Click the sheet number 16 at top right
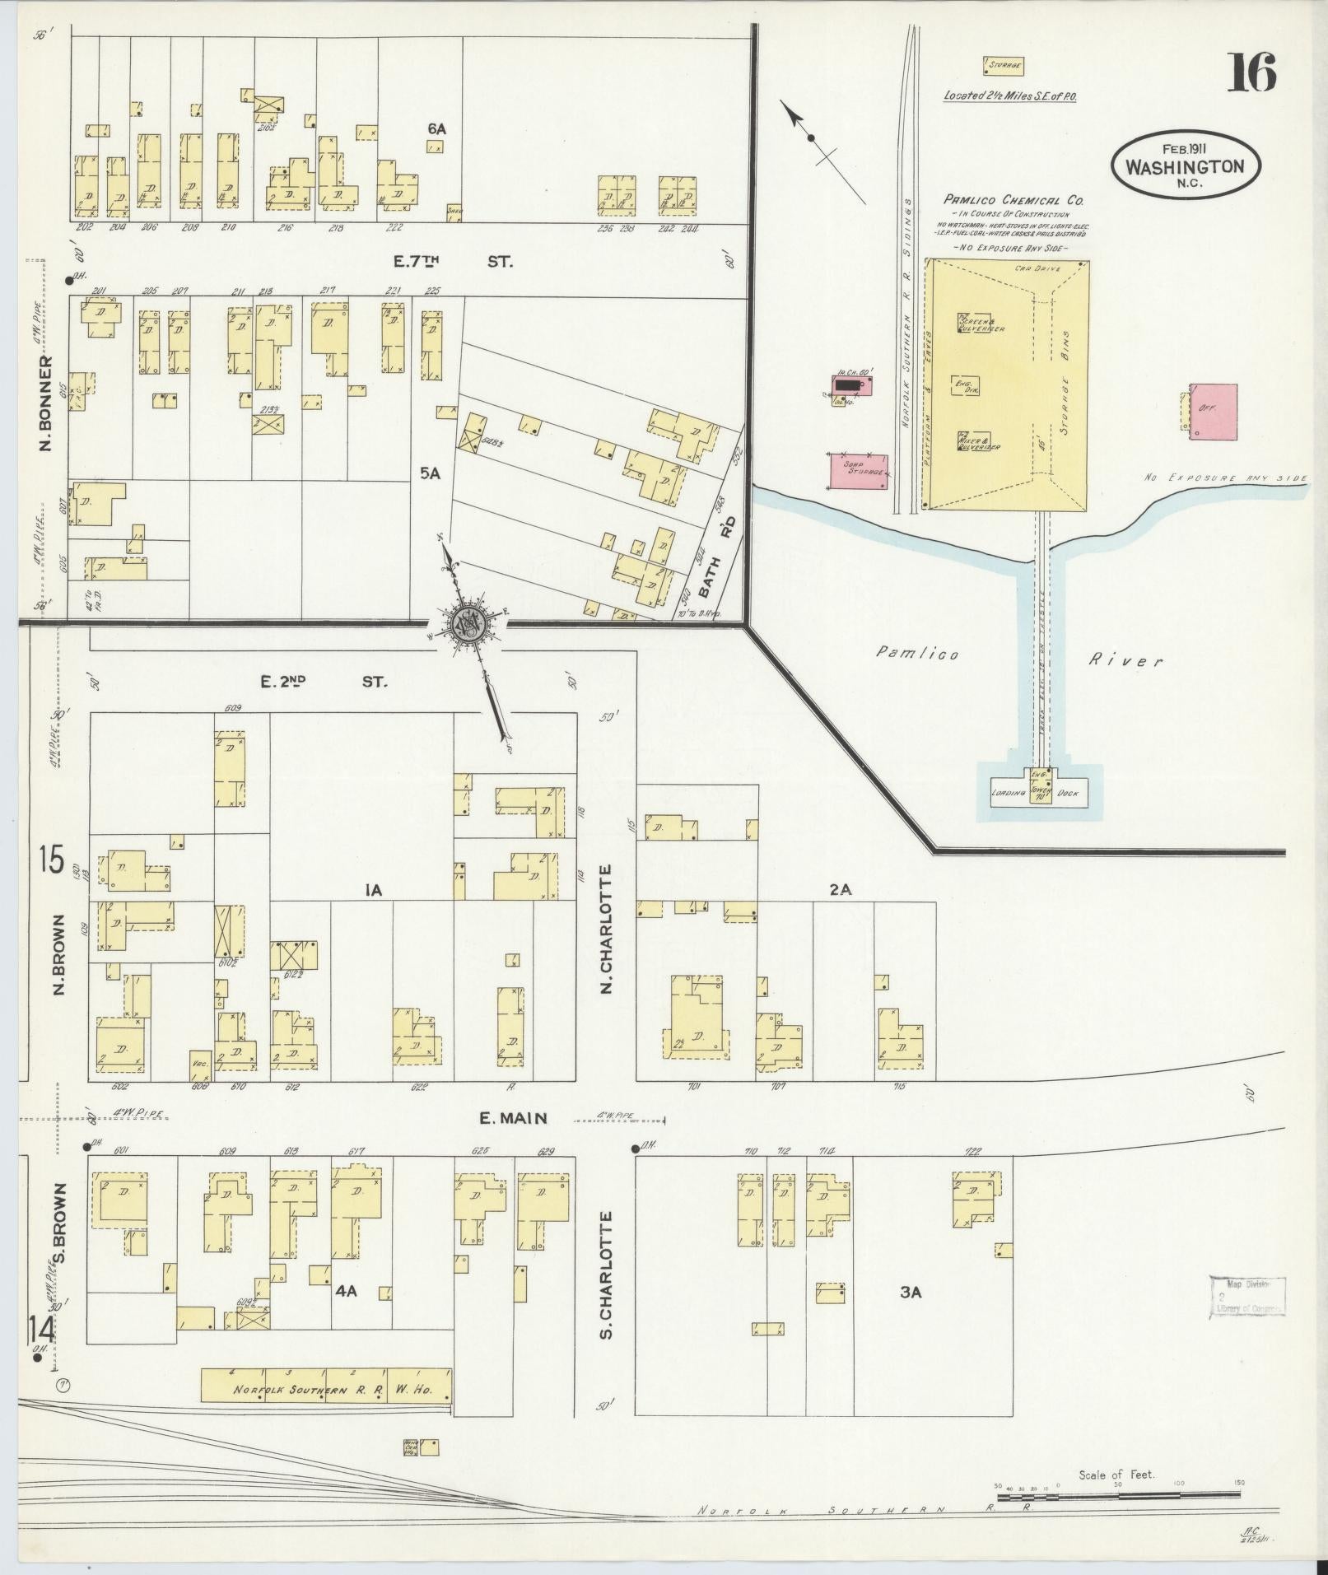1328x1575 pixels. [1252, 72]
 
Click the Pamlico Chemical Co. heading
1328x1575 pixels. [1013, 200]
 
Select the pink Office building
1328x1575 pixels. [1214, 411]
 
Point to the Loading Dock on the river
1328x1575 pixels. [1040, 791]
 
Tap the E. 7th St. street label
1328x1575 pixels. [453, 262]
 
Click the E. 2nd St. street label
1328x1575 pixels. [323, 682]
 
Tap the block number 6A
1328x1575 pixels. [436, 128]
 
